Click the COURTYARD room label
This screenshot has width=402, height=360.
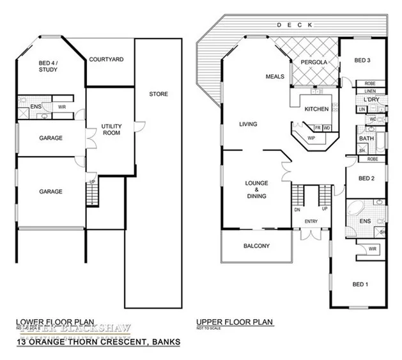coord(107,59)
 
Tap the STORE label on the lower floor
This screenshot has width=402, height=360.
coord(158,94)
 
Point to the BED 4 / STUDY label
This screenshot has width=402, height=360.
coord(47,66)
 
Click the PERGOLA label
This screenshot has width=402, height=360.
coord(314,63)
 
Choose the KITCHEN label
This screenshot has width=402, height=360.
coord(316,109)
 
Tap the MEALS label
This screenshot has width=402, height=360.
coord(275,77)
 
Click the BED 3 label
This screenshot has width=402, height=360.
coord(362,61)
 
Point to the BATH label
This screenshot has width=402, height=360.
coord(366,138)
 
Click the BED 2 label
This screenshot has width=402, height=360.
coord(366,178)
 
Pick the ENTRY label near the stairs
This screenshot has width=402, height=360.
coord(312,222)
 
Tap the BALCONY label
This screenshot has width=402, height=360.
coord(257,246)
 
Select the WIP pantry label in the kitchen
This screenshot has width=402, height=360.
coord(311,137)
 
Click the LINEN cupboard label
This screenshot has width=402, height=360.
coord(370,91)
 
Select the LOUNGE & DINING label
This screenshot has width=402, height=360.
coord(257,190)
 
